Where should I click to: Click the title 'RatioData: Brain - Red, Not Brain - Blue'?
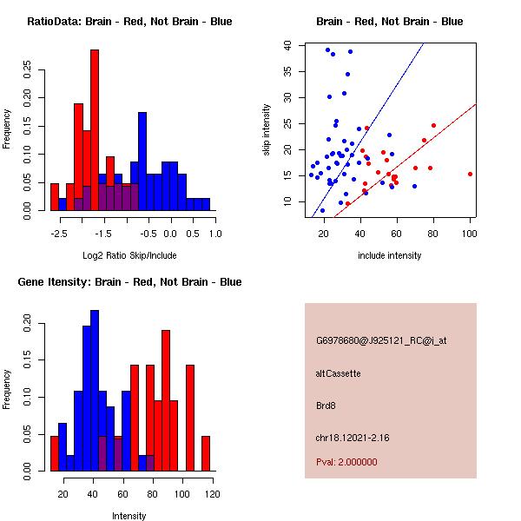(129, 22)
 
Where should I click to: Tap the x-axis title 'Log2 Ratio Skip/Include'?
(129, 255)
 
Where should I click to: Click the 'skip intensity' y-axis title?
(267, 130)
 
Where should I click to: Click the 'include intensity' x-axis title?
(389, 255)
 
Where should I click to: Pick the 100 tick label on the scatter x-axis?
(470, 234)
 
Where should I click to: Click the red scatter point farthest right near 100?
(470, 174)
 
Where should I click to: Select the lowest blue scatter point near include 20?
(322, 210)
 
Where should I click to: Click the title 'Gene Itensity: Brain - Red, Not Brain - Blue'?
(129, 282)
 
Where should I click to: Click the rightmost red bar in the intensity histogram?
(206, 453)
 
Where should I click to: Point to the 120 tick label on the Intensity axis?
(212, 494)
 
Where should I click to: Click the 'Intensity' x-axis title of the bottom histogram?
(129, 516)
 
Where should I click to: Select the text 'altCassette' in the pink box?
(339, 373)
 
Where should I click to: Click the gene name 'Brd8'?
(326, 406)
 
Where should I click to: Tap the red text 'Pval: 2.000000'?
(346, 462)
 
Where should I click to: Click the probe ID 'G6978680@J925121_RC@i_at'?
(381, 341)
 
